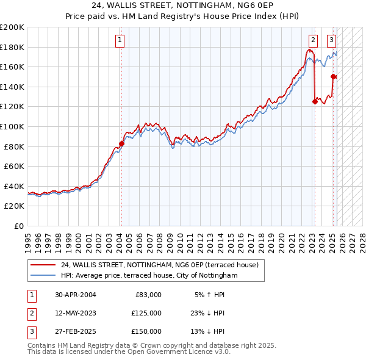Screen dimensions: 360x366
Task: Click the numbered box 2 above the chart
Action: point(313,41)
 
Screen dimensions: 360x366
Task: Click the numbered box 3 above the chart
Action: point(331,41)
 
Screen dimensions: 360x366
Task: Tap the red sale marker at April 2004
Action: point(121,143)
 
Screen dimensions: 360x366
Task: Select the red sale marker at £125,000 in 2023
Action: point(315,102)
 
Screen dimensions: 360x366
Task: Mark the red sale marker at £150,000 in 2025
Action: point(333,77)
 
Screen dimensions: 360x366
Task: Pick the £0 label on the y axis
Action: point(18,226)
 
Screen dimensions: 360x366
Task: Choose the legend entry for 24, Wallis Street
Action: point(159,265)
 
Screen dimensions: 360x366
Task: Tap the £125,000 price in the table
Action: point(146,313)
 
